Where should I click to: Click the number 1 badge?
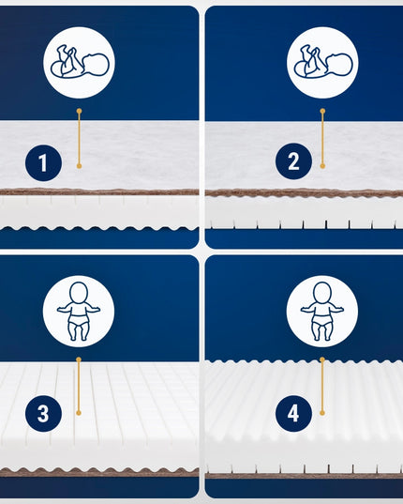pos(43,162)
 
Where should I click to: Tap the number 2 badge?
pos(293,161)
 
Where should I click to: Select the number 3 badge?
pos(43,414)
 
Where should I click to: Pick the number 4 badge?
pos(293,413)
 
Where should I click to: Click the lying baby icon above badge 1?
pos(80,62)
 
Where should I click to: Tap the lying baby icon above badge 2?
pos(323,62)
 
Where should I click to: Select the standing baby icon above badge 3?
pos(79,312)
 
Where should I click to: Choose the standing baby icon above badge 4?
pos(322,312)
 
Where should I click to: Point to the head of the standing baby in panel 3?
pos(79,292)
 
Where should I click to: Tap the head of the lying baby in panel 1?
pos(97,65)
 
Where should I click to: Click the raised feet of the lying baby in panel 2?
pos(308,52)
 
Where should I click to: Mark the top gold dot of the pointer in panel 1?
pos(80,111)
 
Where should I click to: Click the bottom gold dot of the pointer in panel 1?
pos(80,166)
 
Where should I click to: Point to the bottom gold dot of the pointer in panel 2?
pos(322,166)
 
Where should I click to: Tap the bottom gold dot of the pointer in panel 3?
pos(79,413)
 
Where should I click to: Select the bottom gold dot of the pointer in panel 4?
pos(322,413)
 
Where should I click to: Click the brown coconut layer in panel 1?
pos(99,191)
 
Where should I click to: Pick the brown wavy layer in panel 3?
pos(99,472)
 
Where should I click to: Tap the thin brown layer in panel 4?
pos(305,476)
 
